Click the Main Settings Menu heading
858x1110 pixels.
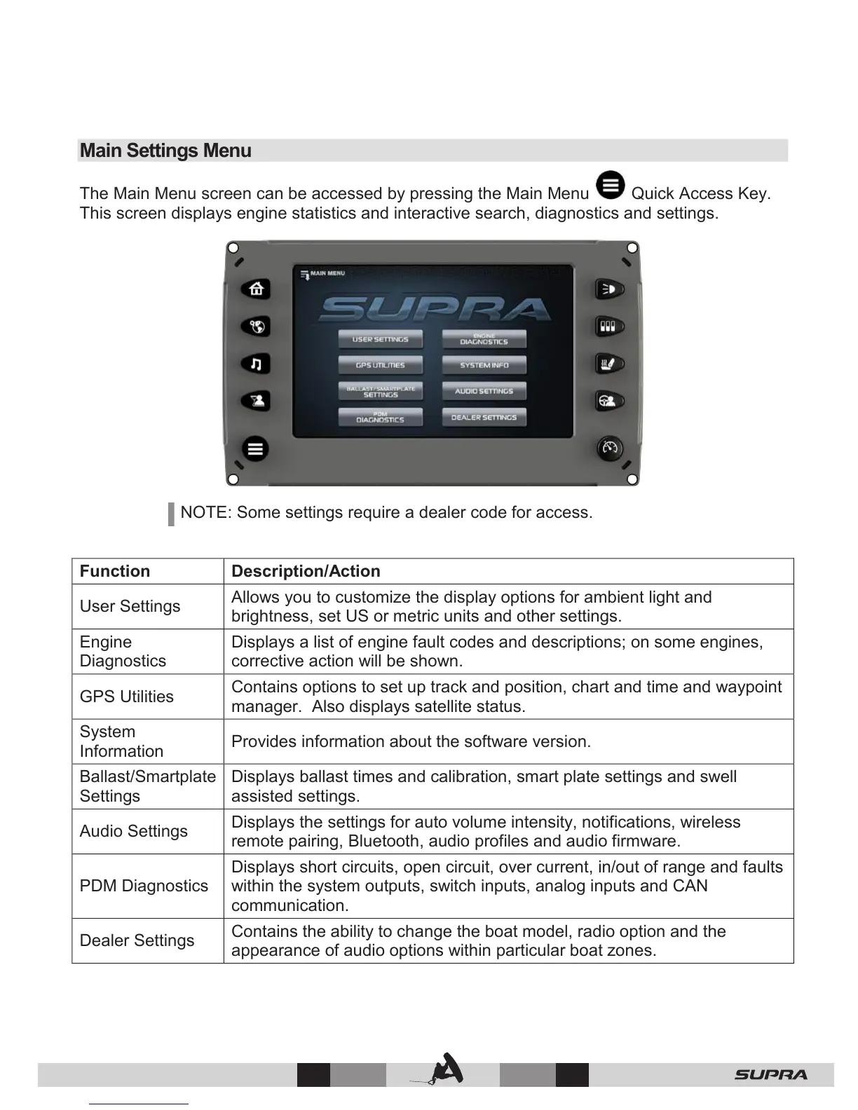tap(165, 151)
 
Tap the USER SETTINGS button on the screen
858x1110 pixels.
tap(381, 340)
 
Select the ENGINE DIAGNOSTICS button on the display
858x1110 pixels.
tap(484, 340)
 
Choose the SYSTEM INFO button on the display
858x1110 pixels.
tap(484, 366)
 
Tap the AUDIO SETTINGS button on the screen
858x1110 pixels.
tap(484, 392)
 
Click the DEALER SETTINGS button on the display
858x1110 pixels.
tap(484, 418)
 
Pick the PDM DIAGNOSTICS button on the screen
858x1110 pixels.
tap(381, 418)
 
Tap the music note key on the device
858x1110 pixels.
tap(256, 364)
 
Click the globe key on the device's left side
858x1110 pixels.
tap(256, 326)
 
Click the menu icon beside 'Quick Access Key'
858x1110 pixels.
tap(611, 186)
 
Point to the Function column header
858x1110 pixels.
tap(115, 571)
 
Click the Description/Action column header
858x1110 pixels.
tap(306, 571)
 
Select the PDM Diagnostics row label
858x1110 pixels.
tap(144, 886)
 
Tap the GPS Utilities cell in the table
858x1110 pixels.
tap(127, 697)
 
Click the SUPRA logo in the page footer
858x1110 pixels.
tap(770, 1075)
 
